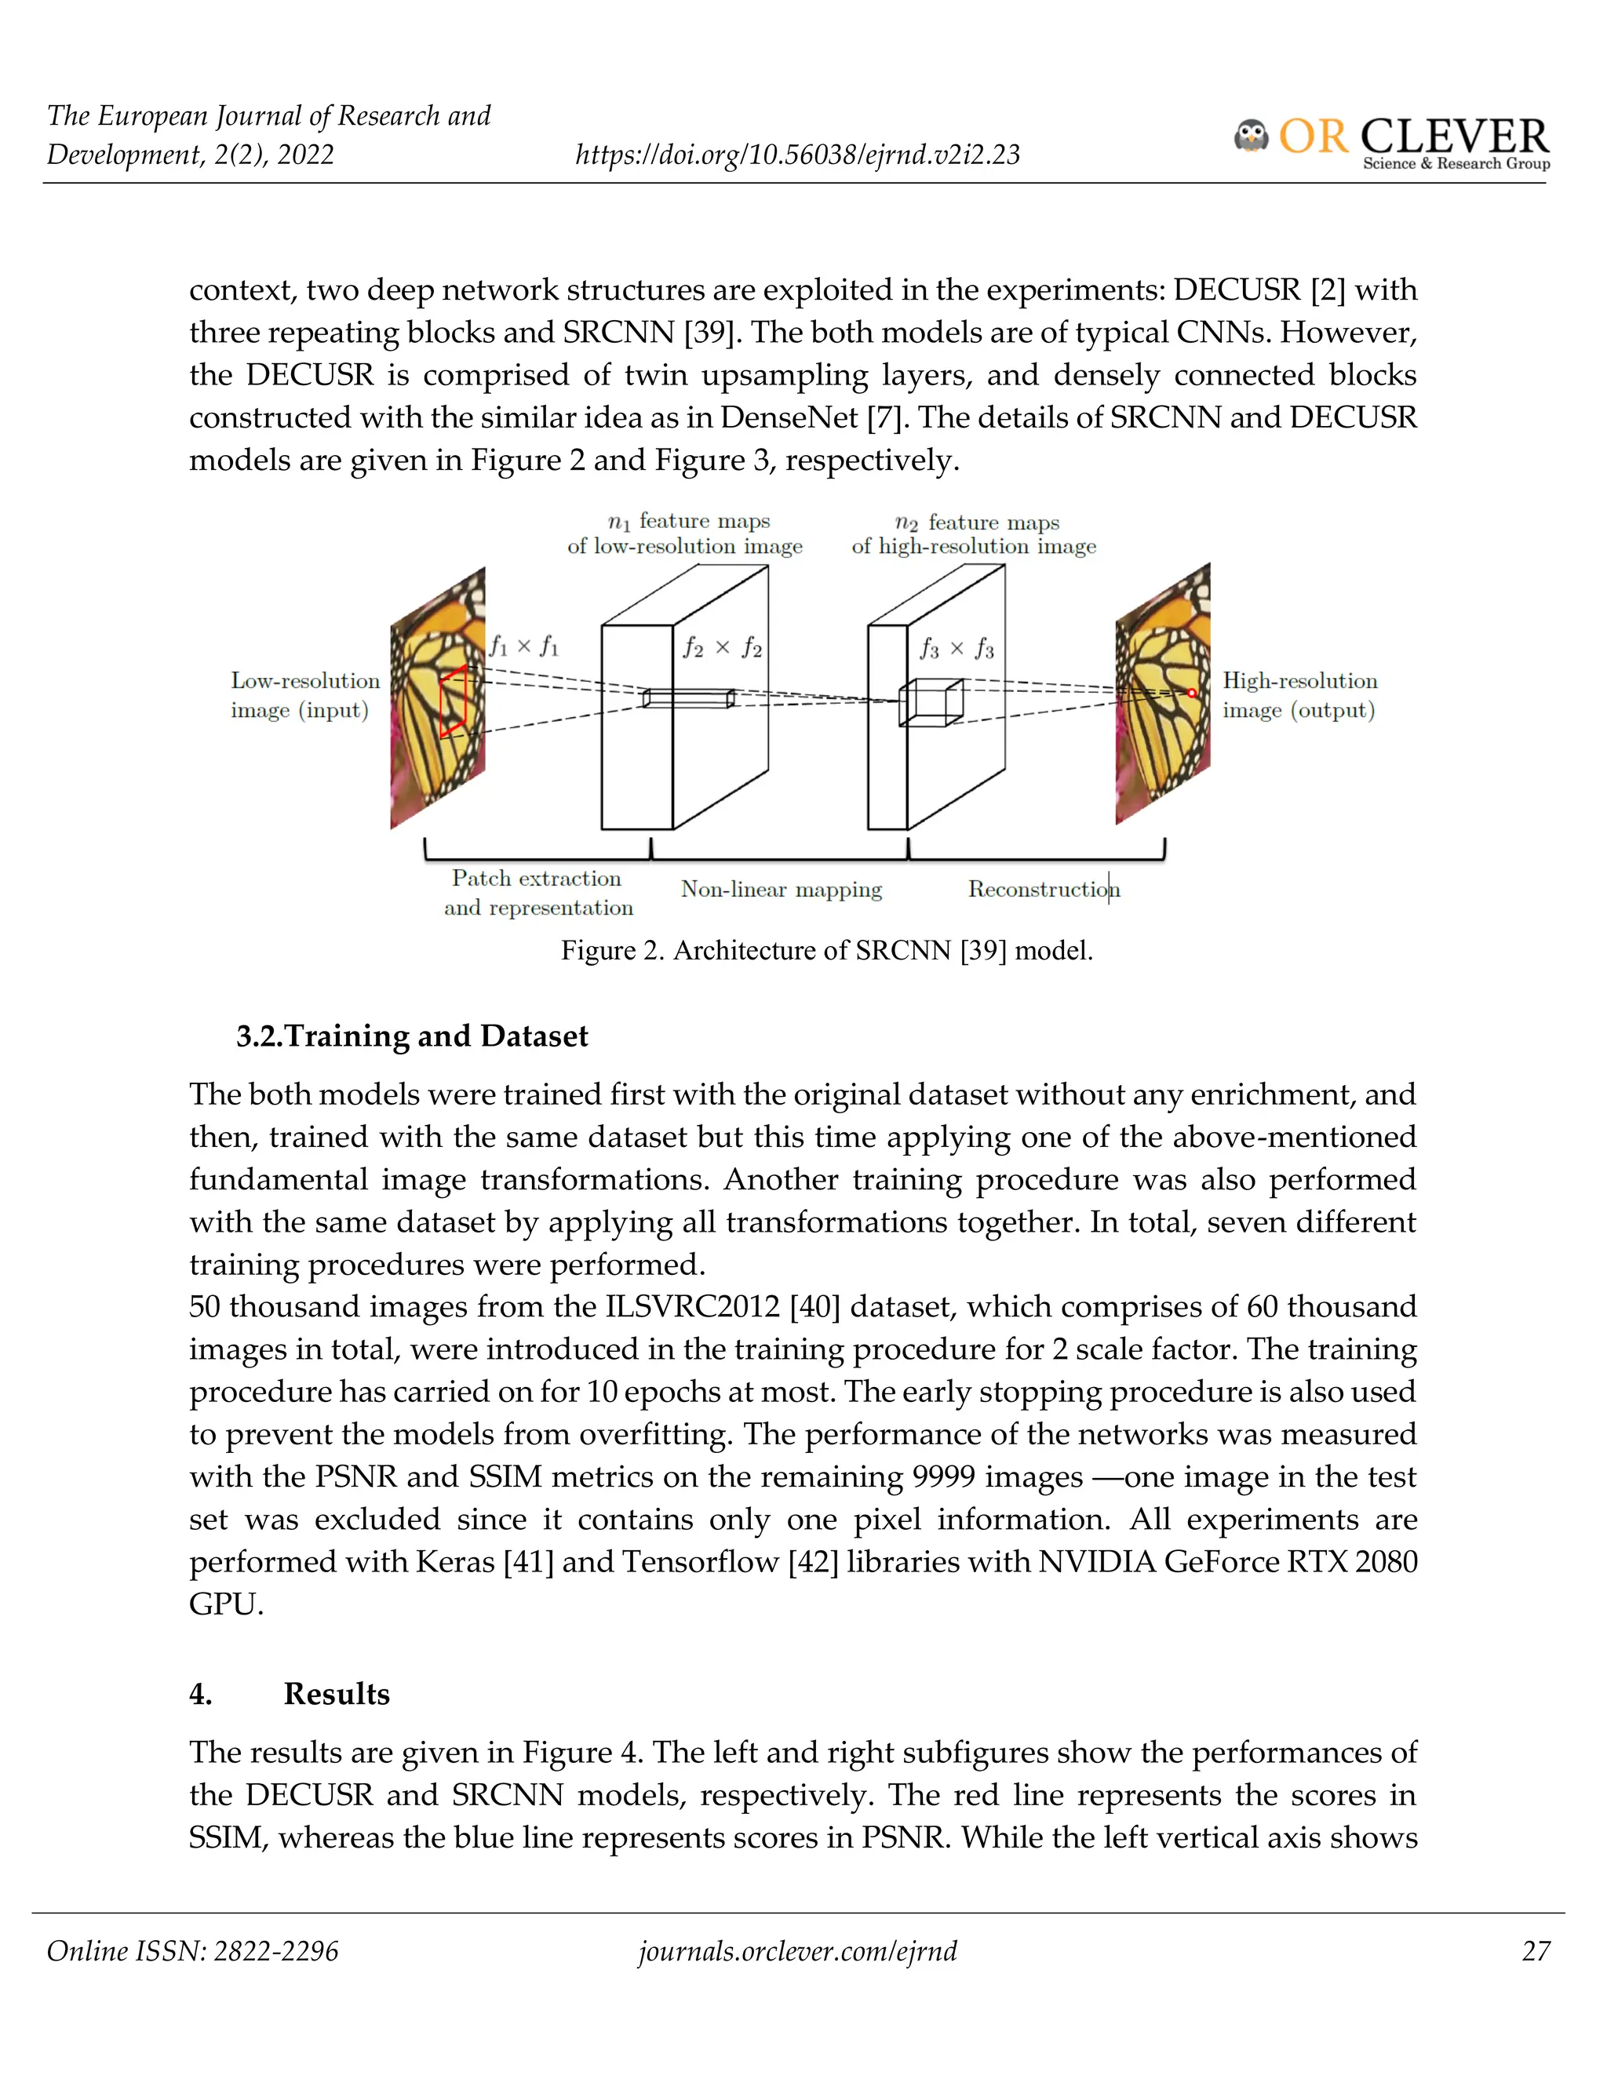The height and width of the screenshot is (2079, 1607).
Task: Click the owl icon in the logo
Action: pyautogui.click(x=1251, y=137)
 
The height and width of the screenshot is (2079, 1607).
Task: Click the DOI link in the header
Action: pyautogui.click(x=797, y=155)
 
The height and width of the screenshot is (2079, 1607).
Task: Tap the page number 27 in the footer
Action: pyautogui.click(x=1536, y=1951)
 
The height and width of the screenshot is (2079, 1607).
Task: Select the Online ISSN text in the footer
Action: pyautogui.click(x=192, y=1951)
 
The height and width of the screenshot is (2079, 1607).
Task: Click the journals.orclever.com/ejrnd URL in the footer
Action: pyautogui.click(x=797, y=1951)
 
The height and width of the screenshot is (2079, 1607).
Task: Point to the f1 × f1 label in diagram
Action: pyautogui.click(x=523, y=647)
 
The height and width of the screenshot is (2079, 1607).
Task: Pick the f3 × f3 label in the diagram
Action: pyautogui.click(x=956, y=650)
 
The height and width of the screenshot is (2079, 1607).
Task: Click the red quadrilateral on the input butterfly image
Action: pyautogui.click(x=454, y=701)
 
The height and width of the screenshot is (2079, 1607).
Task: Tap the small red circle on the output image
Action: pyautogui.click(x=1191, y=693)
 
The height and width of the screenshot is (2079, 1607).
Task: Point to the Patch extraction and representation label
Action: pyautogui.click(x=537, y=893)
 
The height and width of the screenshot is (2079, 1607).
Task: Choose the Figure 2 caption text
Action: pyautogui.click(x=826, y=950)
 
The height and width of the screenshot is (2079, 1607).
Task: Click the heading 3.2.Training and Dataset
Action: pyautogui.click(x=412, y=1036)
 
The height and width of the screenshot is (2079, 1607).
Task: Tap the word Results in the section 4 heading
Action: pyautogui.click(x=336, y=1694)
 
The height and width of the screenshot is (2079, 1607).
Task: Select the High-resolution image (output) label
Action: pyautogui.click(x=1299, y=695)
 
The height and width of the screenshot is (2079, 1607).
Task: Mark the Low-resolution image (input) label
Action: pyautogui.click(x=304, y=695)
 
